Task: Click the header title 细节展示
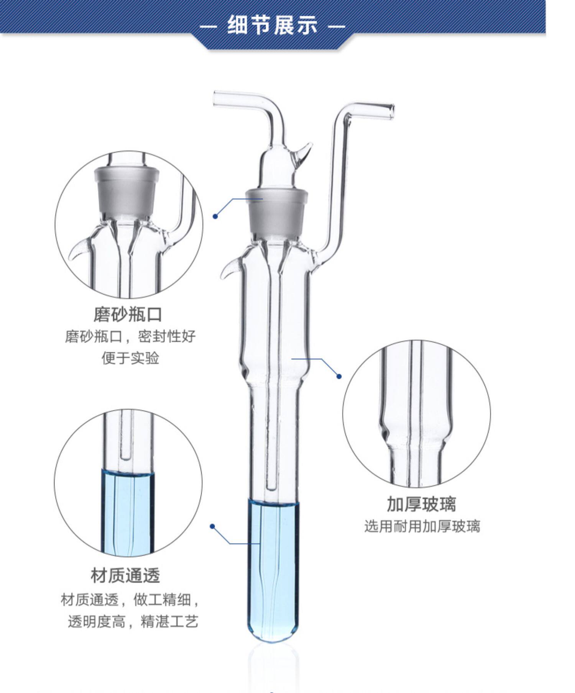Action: (x=273, y=25)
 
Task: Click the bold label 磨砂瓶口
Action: (x=128, y=315)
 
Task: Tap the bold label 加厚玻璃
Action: (x=421, y=504)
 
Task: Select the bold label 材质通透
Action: (x=125, y=575)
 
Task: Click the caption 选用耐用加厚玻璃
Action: (x=422, y=526)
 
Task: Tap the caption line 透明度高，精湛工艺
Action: (x=133, y=621)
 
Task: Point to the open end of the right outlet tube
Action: (x=391, y=110)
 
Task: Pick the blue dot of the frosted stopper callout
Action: (x=215, y=216)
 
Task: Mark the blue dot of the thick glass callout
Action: (x=339, y=376)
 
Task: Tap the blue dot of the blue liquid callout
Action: (x=212, y=526)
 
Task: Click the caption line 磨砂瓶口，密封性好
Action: (x=130, y=337)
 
